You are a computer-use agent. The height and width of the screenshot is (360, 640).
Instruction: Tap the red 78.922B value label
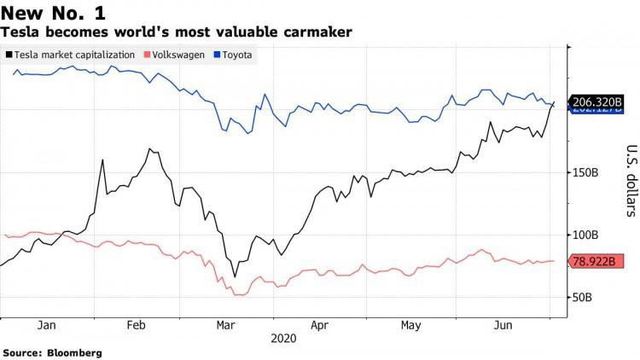coord(591,260)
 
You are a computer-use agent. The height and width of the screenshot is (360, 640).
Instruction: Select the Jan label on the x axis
coord(47,325)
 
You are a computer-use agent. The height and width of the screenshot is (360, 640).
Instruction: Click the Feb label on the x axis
coord(137,325)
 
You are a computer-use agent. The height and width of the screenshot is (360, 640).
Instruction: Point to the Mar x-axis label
coord(226,325)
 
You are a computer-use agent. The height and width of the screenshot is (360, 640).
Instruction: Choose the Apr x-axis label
coord(319,325)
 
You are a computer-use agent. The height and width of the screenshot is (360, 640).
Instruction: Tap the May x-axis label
coord(411,325)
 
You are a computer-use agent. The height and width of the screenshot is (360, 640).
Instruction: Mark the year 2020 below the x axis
coord(283,339)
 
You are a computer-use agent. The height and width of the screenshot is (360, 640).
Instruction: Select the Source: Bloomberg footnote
coord(52,352)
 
